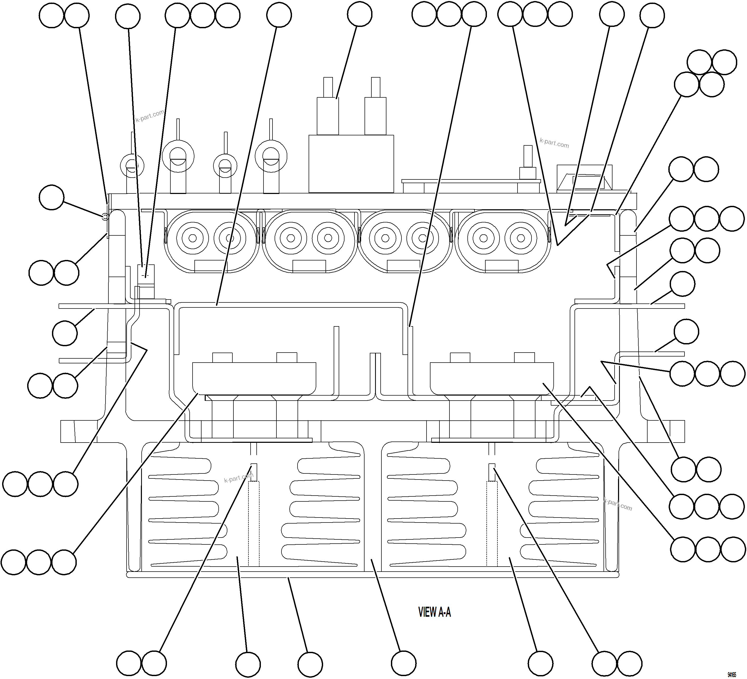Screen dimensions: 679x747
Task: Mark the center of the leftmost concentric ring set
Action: pos(192,238)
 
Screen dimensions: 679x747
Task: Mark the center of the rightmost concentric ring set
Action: pos(521,238)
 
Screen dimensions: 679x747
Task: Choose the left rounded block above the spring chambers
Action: pos(254,378)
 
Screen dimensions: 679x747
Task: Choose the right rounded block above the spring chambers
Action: pos(492,378)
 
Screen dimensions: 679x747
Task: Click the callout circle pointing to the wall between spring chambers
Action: pos(404,663)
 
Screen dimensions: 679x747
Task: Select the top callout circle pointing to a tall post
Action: pos(360,14)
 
